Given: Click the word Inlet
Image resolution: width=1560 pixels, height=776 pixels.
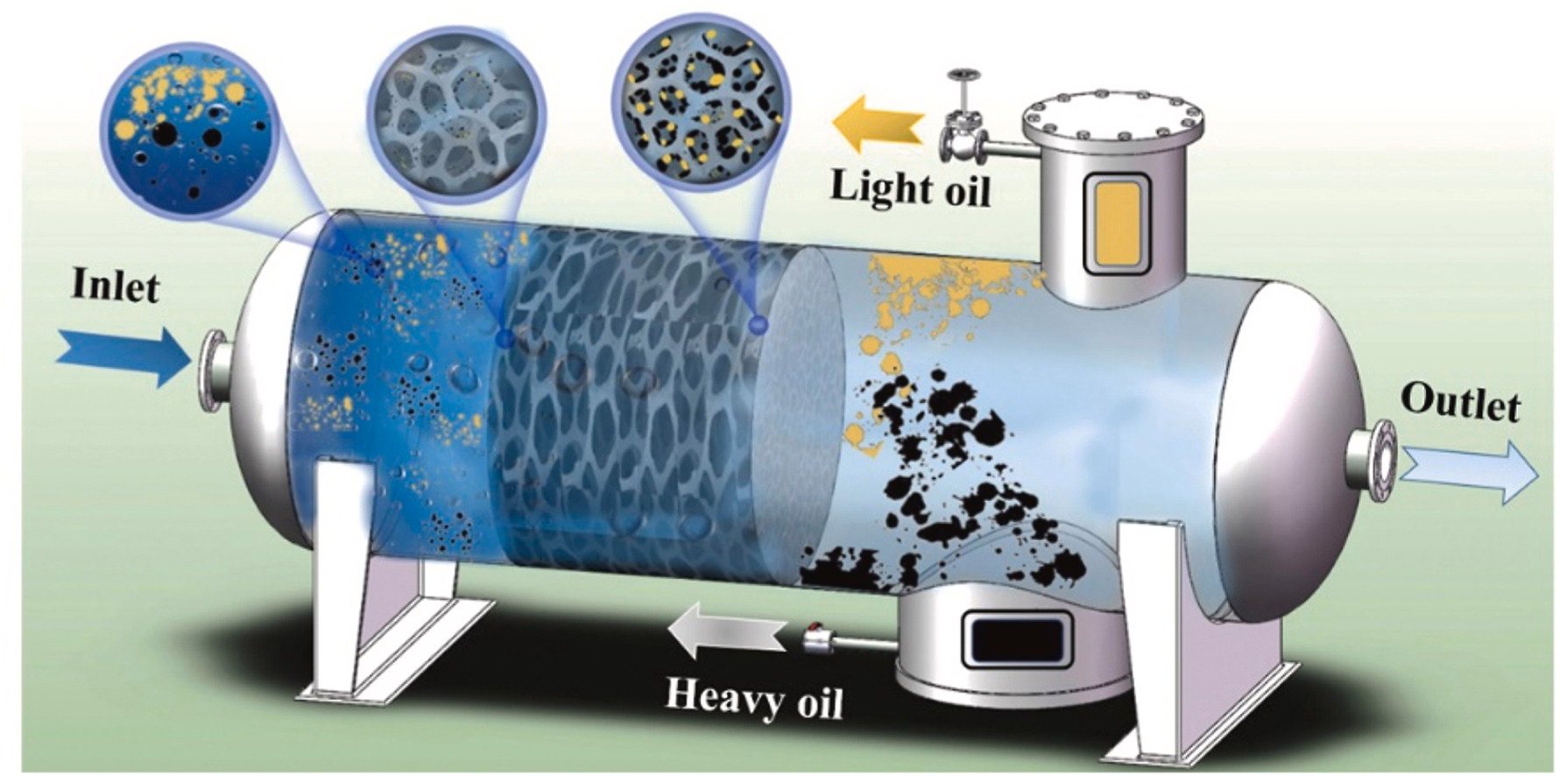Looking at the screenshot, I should pos(116,286).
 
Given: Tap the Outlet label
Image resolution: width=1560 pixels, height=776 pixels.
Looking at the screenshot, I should pos(1460,404).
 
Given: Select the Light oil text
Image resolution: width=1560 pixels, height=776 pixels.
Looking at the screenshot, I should pos(910,187).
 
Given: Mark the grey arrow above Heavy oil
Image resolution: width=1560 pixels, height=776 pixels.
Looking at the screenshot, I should pos(725,632).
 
